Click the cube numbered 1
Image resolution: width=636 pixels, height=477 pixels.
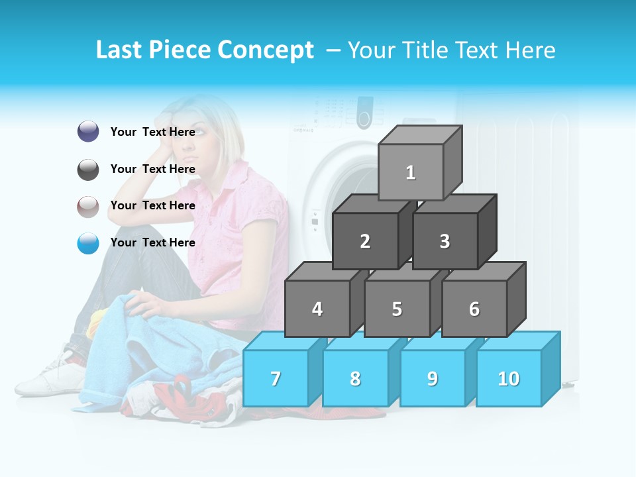click(x=411, y=172)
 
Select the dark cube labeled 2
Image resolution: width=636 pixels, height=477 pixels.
click(x=365, y=241)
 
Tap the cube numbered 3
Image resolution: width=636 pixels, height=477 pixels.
click(x=445, y=241)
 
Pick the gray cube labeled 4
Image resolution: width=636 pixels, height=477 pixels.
click(x=317, y=309)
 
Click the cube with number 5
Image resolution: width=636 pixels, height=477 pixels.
click(x=397, y=309)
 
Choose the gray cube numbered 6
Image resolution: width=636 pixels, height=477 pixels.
click(x=474, y=309)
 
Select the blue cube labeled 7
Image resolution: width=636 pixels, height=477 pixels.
click(x=276, y=378)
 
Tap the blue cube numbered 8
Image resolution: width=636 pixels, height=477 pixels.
click(x=355, y=378)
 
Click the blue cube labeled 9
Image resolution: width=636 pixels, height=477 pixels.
click(x=433, y=378)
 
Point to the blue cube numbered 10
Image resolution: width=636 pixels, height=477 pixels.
click(x=509, y=378)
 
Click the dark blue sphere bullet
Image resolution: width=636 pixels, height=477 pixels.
click(x=88, y=132)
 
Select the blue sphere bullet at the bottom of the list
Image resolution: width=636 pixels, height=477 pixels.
click(x=88, y=243)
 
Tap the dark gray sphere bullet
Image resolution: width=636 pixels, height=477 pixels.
click(x=88, y=170)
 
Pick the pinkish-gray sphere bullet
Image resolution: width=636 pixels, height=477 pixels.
click(x=88, y=207)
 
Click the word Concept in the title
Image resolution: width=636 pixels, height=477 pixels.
click(x=266, y=50)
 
